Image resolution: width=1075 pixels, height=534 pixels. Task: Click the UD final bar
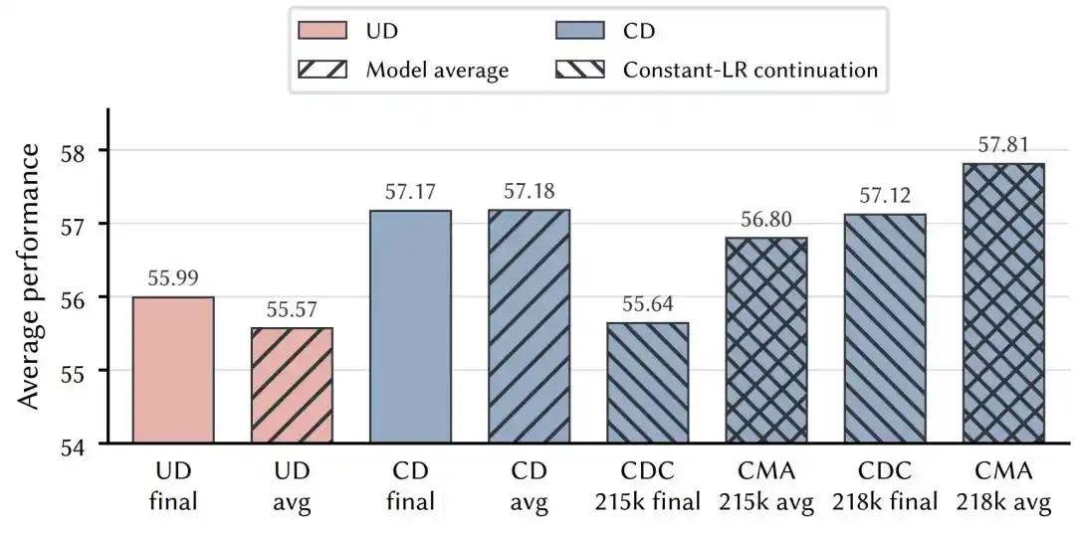173,370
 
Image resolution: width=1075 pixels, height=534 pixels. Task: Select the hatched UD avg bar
292,386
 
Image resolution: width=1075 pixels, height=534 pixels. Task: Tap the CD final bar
411,326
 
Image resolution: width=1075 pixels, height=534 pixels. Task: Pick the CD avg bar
530,326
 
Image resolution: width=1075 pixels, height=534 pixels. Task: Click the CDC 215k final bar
648,383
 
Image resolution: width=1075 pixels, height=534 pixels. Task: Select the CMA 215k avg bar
766,340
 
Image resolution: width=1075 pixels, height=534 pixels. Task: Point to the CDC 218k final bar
885,328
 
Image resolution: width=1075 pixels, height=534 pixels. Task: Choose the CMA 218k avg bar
1003,303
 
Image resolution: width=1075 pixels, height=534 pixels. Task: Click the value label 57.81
1004,145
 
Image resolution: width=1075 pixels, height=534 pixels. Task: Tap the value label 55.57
292,309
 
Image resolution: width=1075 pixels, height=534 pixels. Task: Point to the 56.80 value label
767,219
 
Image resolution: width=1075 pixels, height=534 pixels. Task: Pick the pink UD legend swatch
322,31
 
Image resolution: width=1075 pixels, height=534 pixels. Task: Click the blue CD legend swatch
581,31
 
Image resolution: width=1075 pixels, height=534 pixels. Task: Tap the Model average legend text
437,70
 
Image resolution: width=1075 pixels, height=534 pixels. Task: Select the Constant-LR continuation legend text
751,70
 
